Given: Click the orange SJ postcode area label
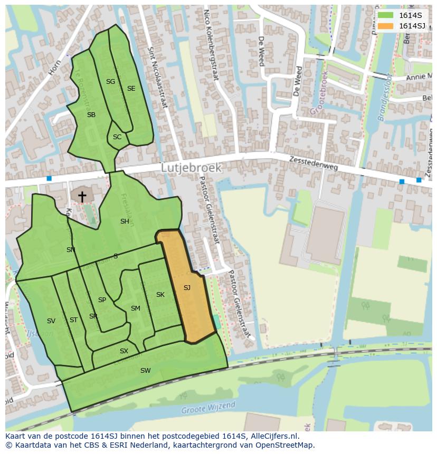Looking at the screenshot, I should tap(187, 288).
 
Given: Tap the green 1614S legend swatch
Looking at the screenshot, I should tap(386, 15).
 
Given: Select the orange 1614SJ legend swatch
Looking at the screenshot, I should tap(386, 26).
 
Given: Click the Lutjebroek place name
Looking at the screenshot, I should tap(191, 167).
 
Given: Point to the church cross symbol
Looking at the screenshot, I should tap(82, 197).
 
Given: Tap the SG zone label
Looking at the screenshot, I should tap(110, 82).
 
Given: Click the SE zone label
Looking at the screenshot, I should tap(131, 89).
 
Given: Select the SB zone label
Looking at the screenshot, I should tap(91, 115).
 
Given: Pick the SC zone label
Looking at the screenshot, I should tap(117, 137).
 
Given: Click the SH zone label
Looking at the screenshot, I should tap(125, 221).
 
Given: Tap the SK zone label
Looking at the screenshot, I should tap(160, 295).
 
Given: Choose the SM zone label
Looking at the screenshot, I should tap(136, 308).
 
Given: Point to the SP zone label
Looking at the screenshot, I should tap(102, 300).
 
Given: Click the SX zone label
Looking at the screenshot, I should tap(124, 351).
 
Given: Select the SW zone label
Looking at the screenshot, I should tap(145, 371).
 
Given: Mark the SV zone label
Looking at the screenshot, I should tap(51, 321).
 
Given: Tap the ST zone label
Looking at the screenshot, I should tap(73, 320).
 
